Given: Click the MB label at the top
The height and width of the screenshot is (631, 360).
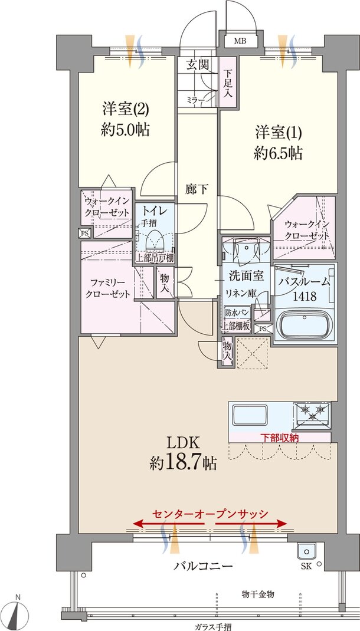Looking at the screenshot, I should [x=240, y=41].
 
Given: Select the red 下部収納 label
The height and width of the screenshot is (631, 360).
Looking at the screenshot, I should [x=280, y=438].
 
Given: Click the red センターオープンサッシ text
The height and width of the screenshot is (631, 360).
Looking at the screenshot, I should [x=210, y=513].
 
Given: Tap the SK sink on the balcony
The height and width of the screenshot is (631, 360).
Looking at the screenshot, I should [x=306, y=552].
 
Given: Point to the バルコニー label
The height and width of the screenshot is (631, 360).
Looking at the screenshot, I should [x=202, y=566].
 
